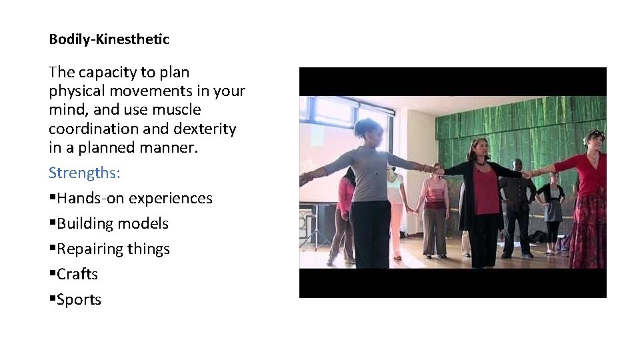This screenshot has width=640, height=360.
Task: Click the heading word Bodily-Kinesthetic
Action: (109, 39)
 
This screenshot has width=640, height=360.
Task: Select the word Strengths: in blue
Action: (84, 173)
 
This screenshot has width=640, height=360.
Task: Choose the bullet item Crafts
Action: (77, 274)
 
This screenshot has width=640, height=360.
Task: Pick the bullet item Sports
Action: (79, 299)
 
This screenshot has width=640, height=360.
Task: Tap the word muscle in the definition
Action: (176, 109)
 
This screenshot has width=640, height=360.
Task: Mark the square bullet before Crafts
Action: (52, 275)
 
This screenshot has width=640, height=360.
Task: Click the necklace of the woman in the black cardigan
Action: (481, 162)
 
